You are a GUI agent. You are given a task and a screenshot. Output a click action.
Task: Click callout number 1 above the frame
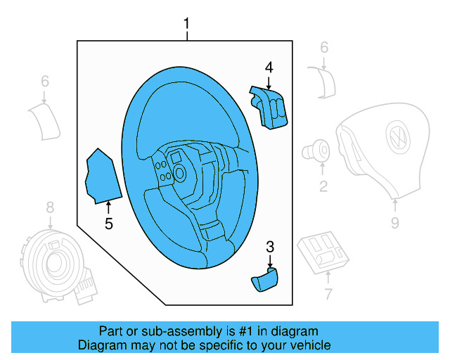pos(186,25)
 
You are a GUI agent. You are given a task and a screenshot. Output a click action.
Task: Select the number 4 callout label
pos(268,67)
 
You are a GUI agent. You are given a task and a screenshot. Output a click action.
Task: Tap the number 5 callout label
pos(108,224)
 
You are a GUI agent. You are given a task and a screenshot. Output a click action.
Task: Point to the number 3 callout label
pos(269,246)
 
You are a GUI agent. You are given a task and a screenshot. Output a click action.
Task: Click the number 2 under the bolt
pos(323,186)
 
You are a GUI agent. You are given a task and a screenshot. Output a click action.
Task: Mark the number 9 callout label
pos(394,223)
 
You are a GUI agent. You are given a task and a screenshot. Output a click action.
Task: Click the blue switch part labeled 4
pos(269,105)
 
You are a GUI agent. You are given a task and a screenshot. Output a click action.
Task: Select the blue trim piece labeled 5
pos(102,177)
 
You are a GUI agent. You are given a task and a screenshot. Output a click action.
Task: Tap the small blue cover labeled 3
pos(264,280)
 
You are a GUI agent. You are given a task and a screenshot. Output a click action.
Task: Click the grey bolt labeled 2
pos(316,150)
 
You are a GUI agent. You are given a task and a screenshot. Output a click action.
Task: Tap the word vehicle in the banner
pos(310,345)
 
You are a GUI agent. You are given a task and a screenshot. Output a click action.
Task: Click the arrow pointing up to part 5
pos(108,207)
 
